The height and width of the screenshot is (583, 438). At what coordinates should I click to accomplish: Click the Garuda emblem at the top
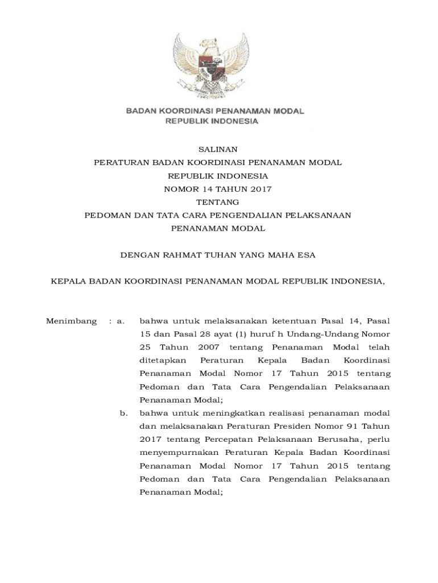click(214, 65)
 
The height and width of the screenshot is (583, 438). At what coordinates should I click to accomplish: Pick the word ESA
click(306, 255)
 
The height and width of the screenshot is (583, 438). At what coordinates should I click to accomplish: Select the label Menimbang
click(71, 321)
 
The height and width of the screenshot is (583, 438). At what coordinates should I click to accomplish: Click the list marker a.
click(120, 321)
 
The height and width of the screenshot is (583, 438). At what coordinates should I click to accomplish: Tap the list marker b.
click(123, 413)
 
